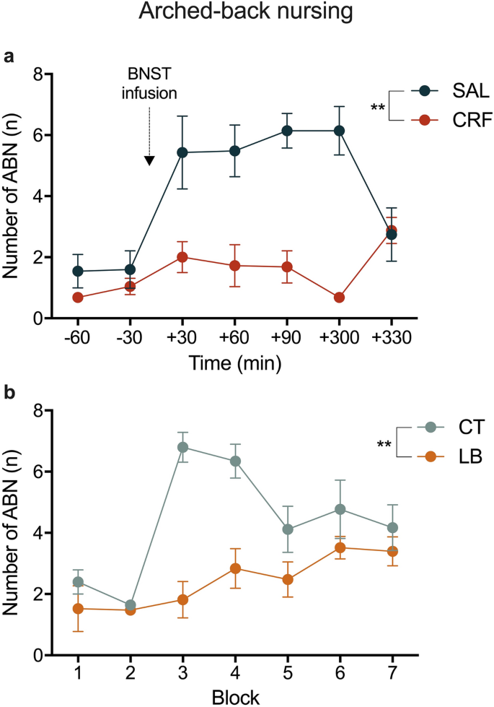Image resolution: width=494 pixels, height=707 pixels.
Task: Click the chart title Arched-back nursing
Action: click(x=246, y=15)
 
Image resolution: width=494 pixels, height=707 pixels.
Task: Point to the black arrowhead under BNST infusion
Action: click(x=149, y=160)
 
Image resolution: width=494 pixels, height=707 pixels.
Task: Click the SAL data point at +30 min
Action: click(x=182, y=152)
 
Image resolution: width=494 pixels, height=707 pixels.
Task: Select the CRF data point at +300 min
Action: click(x=338, y=298)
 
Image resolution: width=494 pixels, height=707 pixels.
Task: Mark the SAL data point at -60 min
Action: click(x=78, y=271)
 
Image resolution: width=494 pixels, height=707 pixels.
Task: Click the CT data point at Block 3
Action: click(x=182, y=447)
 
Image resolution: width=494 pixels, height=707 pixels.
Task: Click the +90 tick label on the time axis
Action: click(x=286, y=339)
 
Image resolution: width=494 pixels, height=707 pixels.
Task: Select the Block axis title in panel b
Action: click(x=234, y=697)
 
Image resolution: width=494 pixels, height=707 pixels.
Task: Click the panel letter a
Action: click(x=9, y=56)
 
